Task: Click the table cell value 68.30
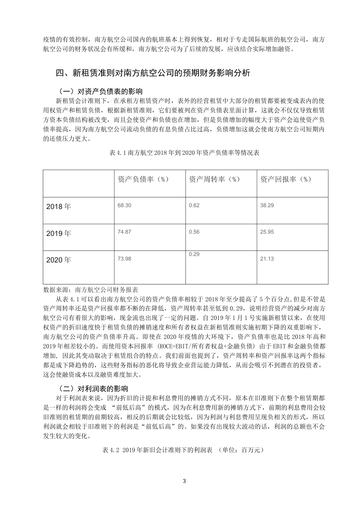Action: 124,205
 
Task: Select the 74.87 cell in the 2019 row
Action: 124,232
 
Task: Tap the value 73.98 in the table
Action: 124,259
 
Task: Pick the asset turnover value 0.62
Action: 194,205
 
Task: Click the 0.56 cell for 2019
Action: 194,232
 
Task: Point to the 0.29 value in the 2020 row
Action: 194,254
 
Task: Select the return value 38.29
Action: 267,205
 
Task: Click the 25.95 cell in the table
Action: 267,232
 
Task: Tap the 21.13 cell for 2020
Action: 267,259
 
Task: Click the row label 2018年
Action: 58,207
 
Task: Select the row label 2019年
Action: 58,233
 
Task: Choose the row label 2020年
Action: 58,260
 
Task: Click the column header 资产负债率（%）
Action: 143,179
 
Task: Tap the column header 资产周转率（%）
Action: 214,179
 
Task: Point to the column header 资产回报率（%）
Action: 286,179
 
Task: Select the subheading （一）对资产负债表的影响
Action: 99,91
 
